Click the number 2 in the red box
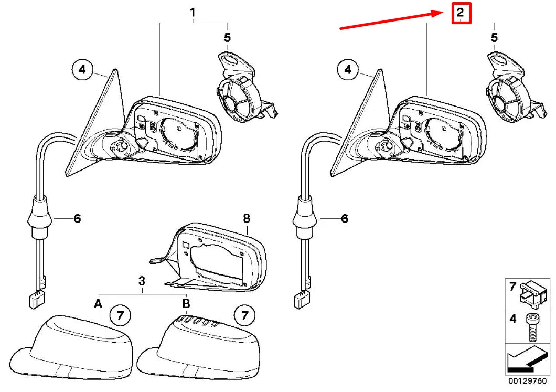pos(460,13)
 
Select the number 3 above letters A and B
pos(142,281)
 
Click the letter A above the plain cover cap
pos(98,303)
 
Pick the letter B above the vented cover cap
pos(186,303)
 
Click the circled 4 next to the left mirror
pos(82,69)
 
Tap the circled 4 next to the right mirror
pos(348,69)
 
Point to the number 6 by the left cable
pos(77,218)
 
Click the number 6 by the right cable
pos(344,218)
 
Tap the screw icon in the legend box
pos(531,326)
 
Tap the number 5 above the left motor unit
pos(227,37)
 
